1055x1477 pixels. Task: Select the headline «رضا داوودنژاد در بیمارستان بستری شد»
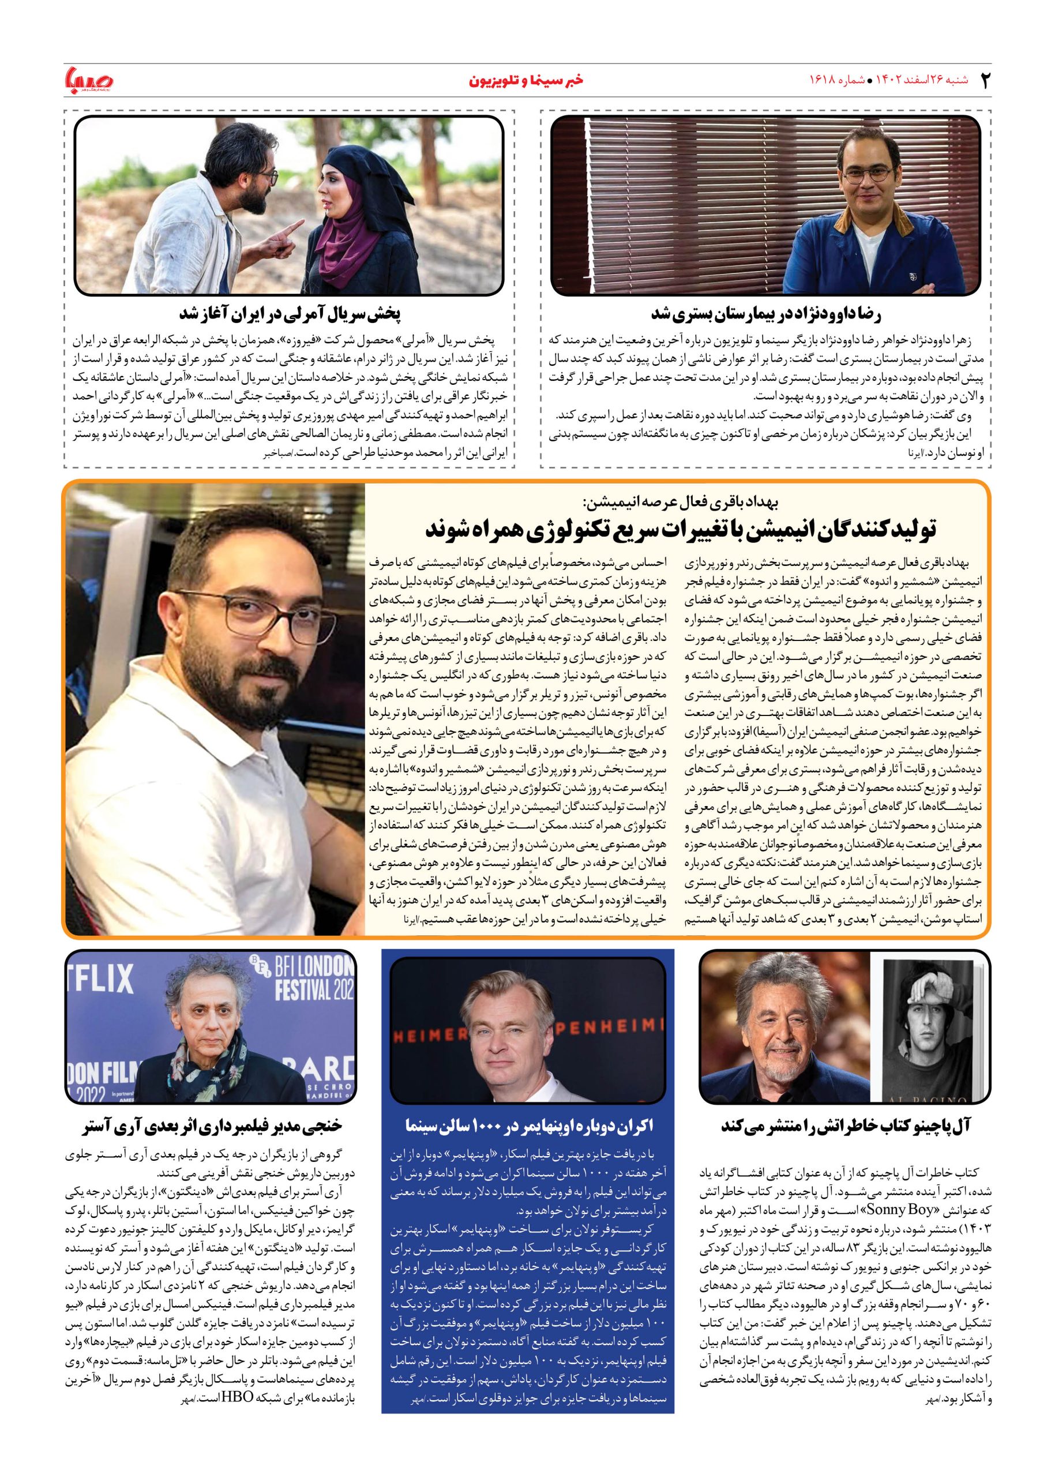[x=766, y=314]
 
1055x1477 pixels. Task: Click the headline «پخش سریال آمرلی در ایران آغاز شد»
[x=290, y=314]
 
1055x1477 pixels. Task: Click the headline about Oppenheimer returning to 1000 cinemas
[x=528, y=1126]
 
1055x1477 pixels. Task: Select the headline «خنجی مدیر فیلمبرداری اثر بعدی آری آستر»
[x=212, y=1126]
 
